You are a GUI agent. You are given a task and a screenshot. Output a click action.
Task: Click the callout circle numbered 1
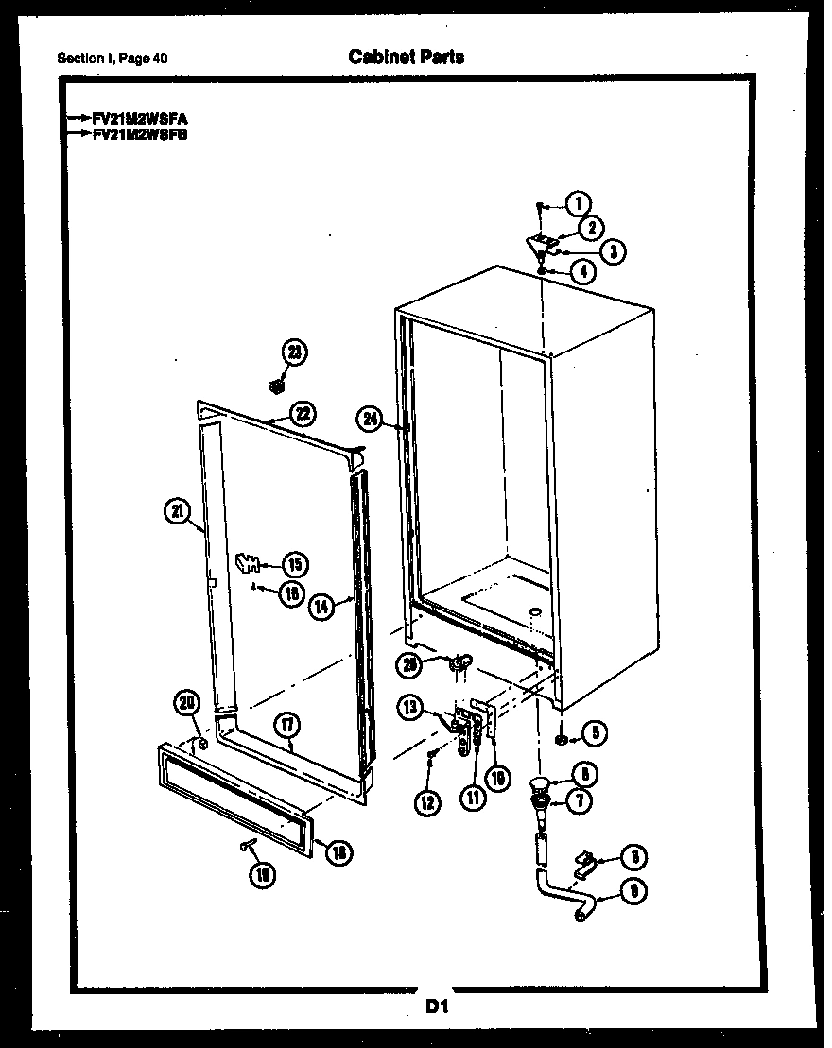pos(579,202)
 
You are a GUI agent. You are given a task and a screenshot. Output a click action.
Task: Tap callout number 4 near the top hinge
pos(583,271)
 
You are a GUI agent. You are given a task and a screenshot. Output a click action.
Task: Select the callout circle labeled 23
pos(295,352)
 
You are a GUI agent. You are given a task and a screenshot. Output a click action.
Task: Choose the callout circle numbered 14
pos(322,608)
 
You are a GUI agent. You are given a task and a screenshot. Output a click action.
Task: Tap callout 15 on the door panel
pos(295,565)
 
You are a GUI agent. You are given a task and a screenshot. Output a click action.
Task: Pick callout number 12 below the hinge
pos(427,802)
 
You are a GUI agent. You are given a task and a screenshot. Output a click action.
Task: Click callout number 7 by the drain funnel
pos(580,801)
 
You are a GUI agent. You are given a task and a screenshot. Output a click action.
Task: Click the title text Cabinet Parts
pos(407,57)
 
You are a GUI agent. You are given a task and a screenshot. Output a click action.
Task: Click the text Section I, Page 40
pos(113,59)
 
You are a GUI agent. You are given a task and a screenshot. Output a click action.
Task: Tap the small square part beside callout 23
pos(277,386)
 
